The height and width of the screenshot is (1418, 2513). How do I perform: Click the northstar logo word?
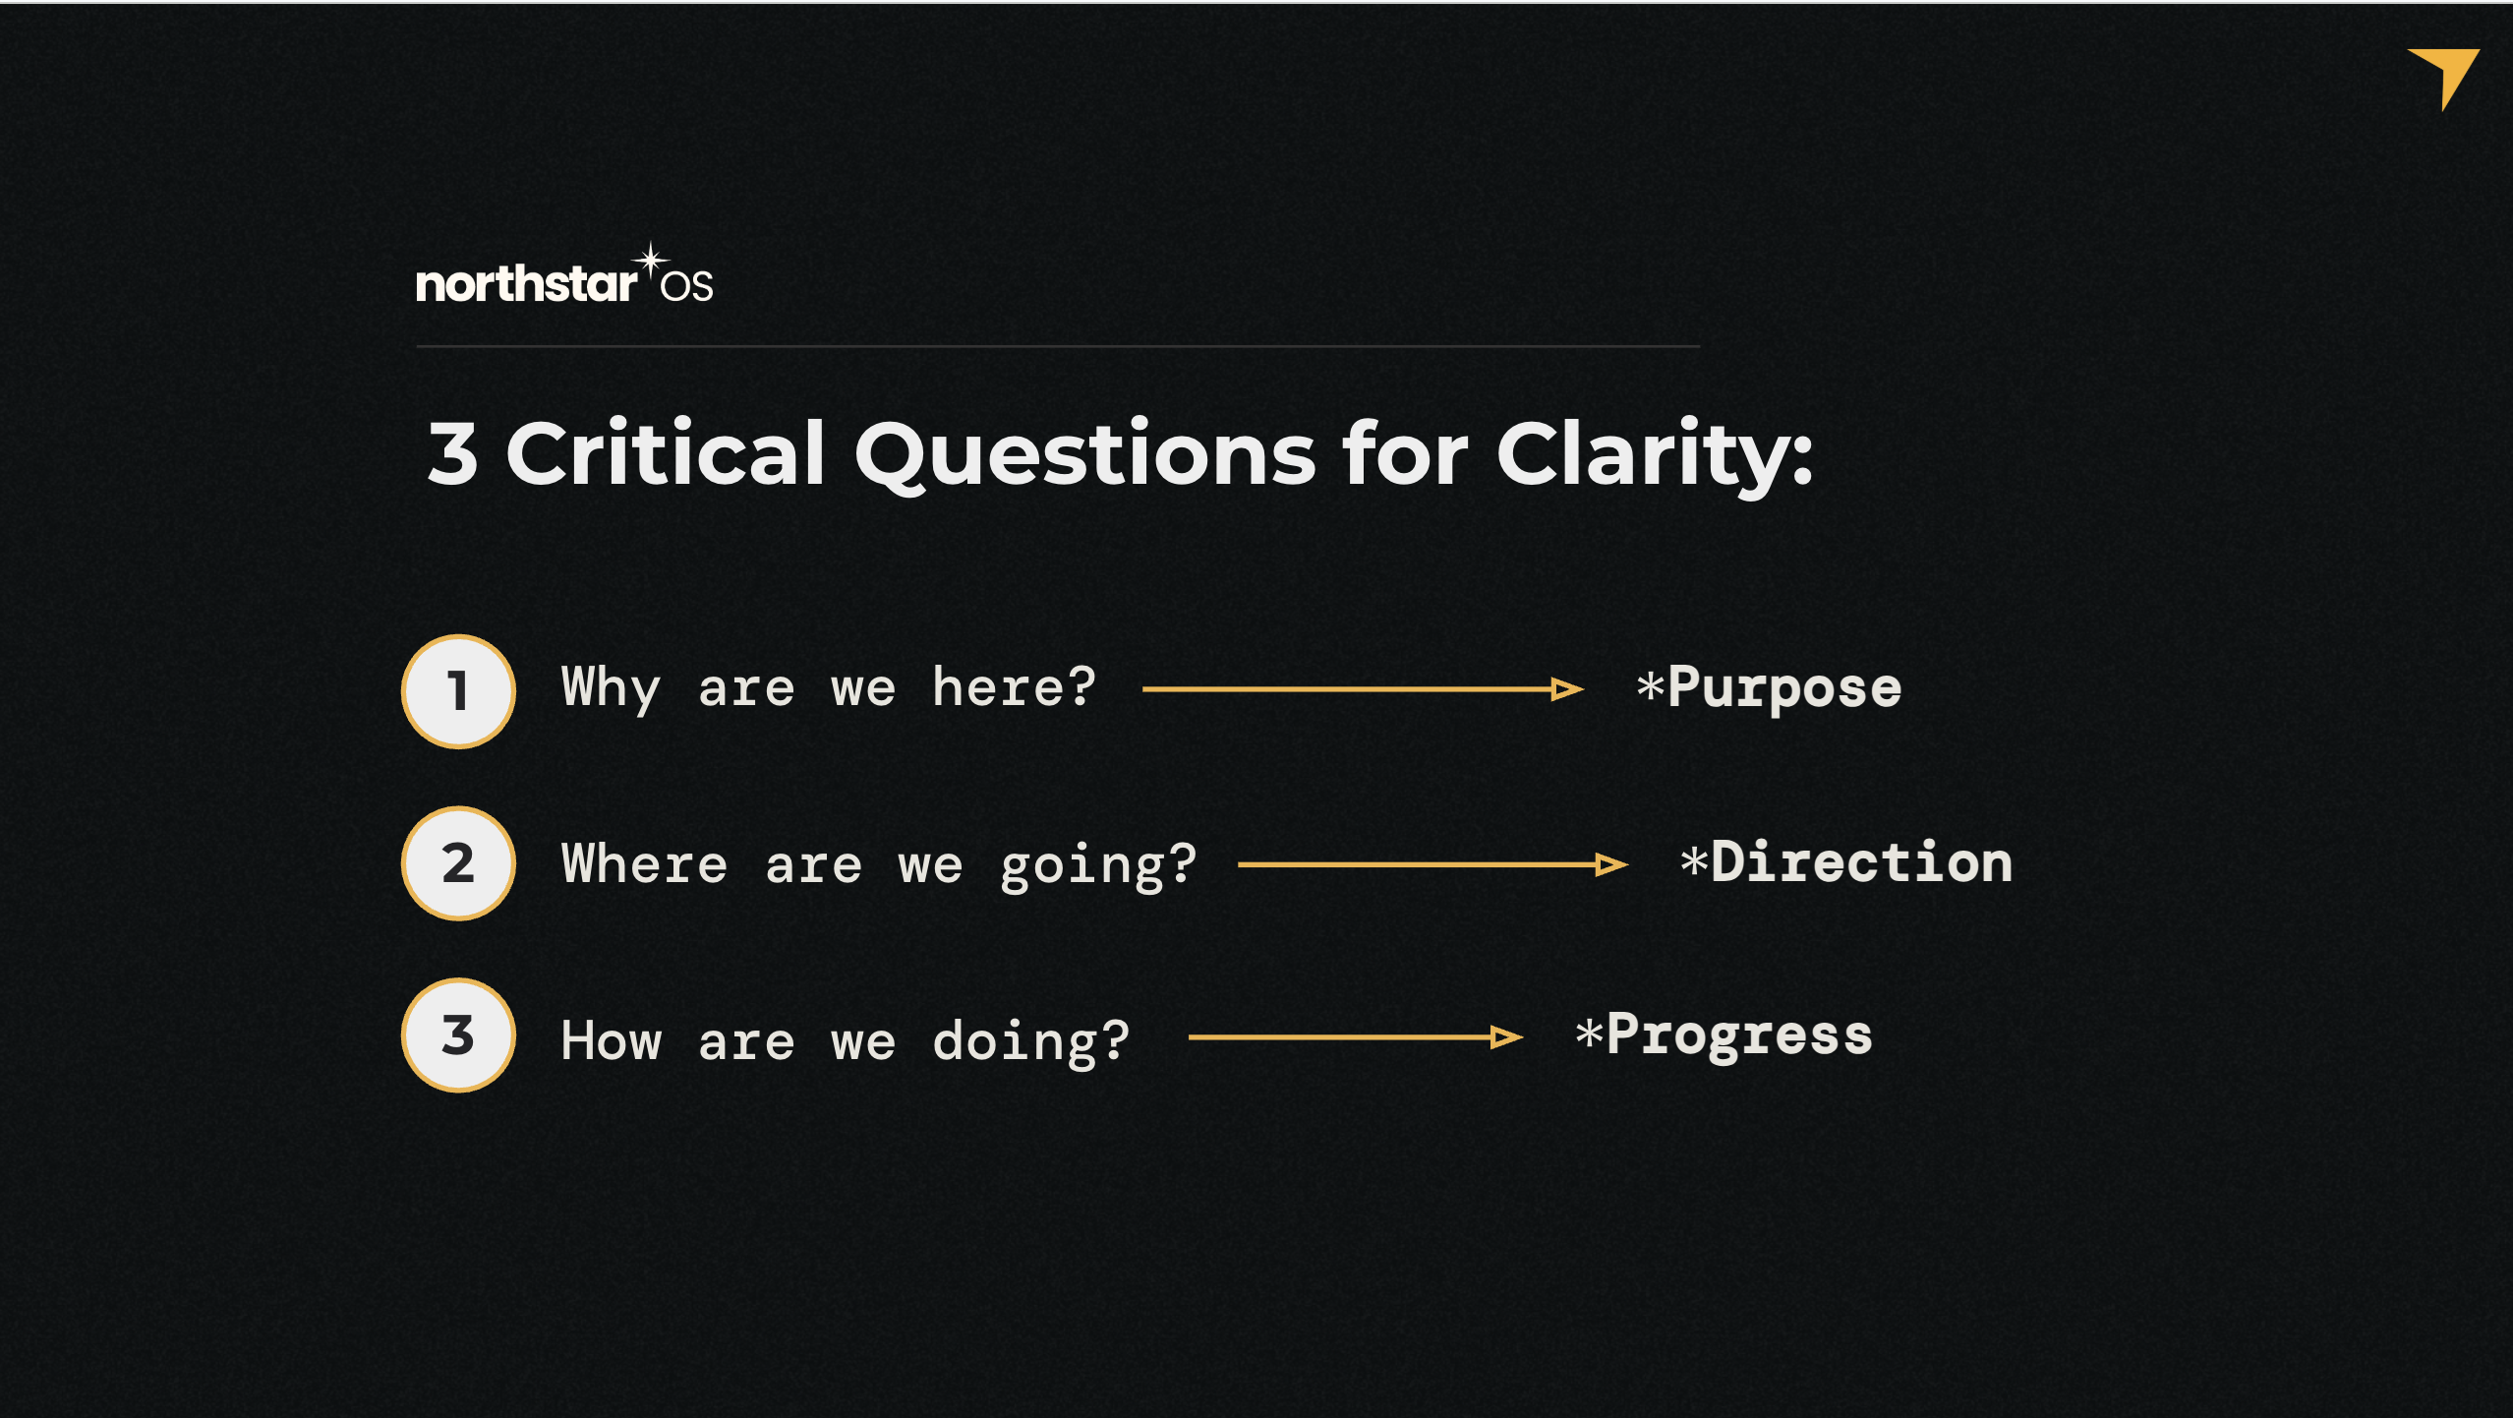click(x=526, y=283)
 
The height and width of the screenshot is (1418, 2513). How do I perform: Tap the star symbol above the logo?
click(x=650, y=263)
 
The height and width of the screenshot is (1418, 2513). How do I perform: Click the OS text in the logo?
click(x=687, y=286)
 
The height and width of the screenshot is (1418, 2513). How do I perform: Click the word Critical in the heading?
click(x=666, y=453)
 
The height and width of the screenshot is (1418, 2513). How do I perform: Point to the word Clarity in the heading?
click(x=1654, y=455)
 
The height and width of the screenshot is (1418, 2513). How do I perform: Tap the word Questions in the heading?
click(x=1085, y=455)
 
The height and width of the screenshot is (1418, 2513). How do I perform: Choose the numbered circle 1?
click(x=458, y=690)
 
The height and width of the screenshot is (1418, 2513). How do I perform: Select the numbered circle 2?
click(x=458, y=863)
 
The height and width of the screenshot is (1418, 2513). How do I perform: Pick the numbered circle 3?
click(x=458, y=1035)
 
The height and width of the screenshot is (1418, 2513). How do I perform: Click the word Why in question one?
click(x=610, y=687)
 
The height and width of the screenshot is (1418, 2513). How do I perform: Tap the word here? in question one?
click(x=1014, y=685)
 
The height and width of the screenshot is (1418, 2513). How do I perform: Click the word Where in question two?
click(x=644, y=863)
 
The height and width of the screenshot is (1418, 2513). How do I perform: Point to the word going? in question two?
click(x=1098, y=866)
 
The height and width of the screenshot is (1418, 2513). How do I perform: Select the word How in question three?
click(x=612, y=1040)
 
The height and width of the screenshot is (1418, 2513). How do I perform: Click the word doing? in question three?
click(x=1031, y=1042)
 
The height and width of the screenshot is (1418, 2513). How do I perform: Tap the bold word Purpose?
click(x=1784, y=687)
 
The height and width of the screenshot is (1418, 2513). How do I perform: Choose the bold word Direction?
click(x=1861, y=862)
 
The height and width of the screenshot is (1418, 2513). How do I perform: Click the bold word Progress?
click(x=1739, y=1035)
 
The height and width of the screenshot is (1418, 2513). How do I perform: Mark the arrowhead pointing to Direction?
click(x=1611, y=864)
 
